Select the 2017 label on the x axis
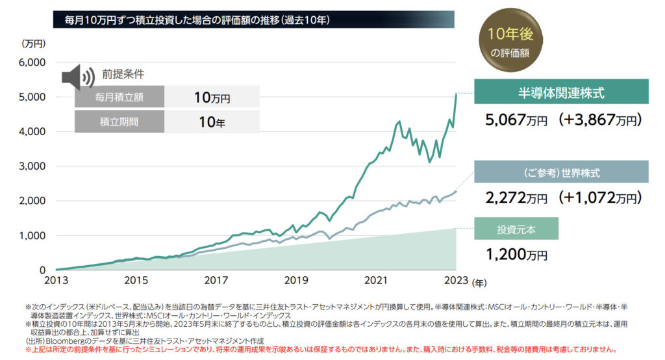(x=218, y=280)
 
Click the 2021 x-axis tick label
(x=377, y=280)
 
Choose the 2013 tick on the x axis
(x=57, y=280)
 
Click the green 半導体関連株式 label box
(x=561, y=93)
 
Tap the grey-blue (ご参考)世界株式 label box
(x=561, y=173)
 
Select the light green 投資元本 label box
(x=516, y=229)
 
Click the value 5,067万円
(x=517, y=120)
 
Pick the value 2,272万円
(x=517, y=197)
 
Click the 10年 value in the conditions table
(x=212, y=121)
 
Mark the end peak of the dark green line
(x=456, y=94)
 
